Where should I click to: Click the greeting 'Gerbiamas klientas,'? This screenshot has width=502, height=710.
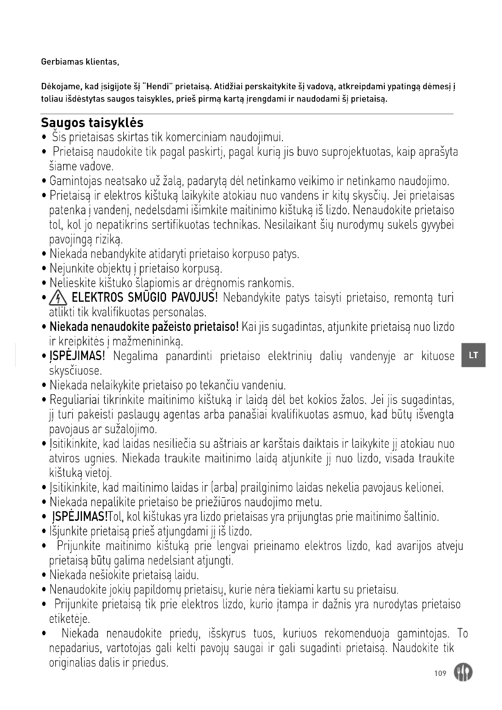click(x=80, y=62)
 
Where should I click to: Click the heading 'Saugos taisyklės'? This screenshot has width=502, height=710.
click(x=92, y=123)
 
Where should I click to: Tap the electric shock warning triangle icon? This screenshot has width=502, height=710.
click(x=58, y=298)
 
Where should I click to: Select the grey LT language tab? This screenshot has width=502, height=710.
click(x=473, y=355)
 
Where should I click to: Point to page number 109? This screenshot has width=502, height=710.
click(x=440, y=673)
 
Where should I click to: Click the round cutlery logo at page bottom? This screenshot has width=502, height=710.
click(x=463, y=673)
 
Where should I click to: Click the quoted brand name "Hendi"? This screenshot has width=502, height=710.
click(x=158, y=87)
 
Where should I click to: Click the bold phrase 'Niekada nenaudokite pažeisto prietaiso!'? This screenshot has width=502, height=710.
click(x=144, y=327)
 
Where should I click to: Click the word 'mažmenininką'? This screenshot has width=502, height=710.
click(x=148, y=341)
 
